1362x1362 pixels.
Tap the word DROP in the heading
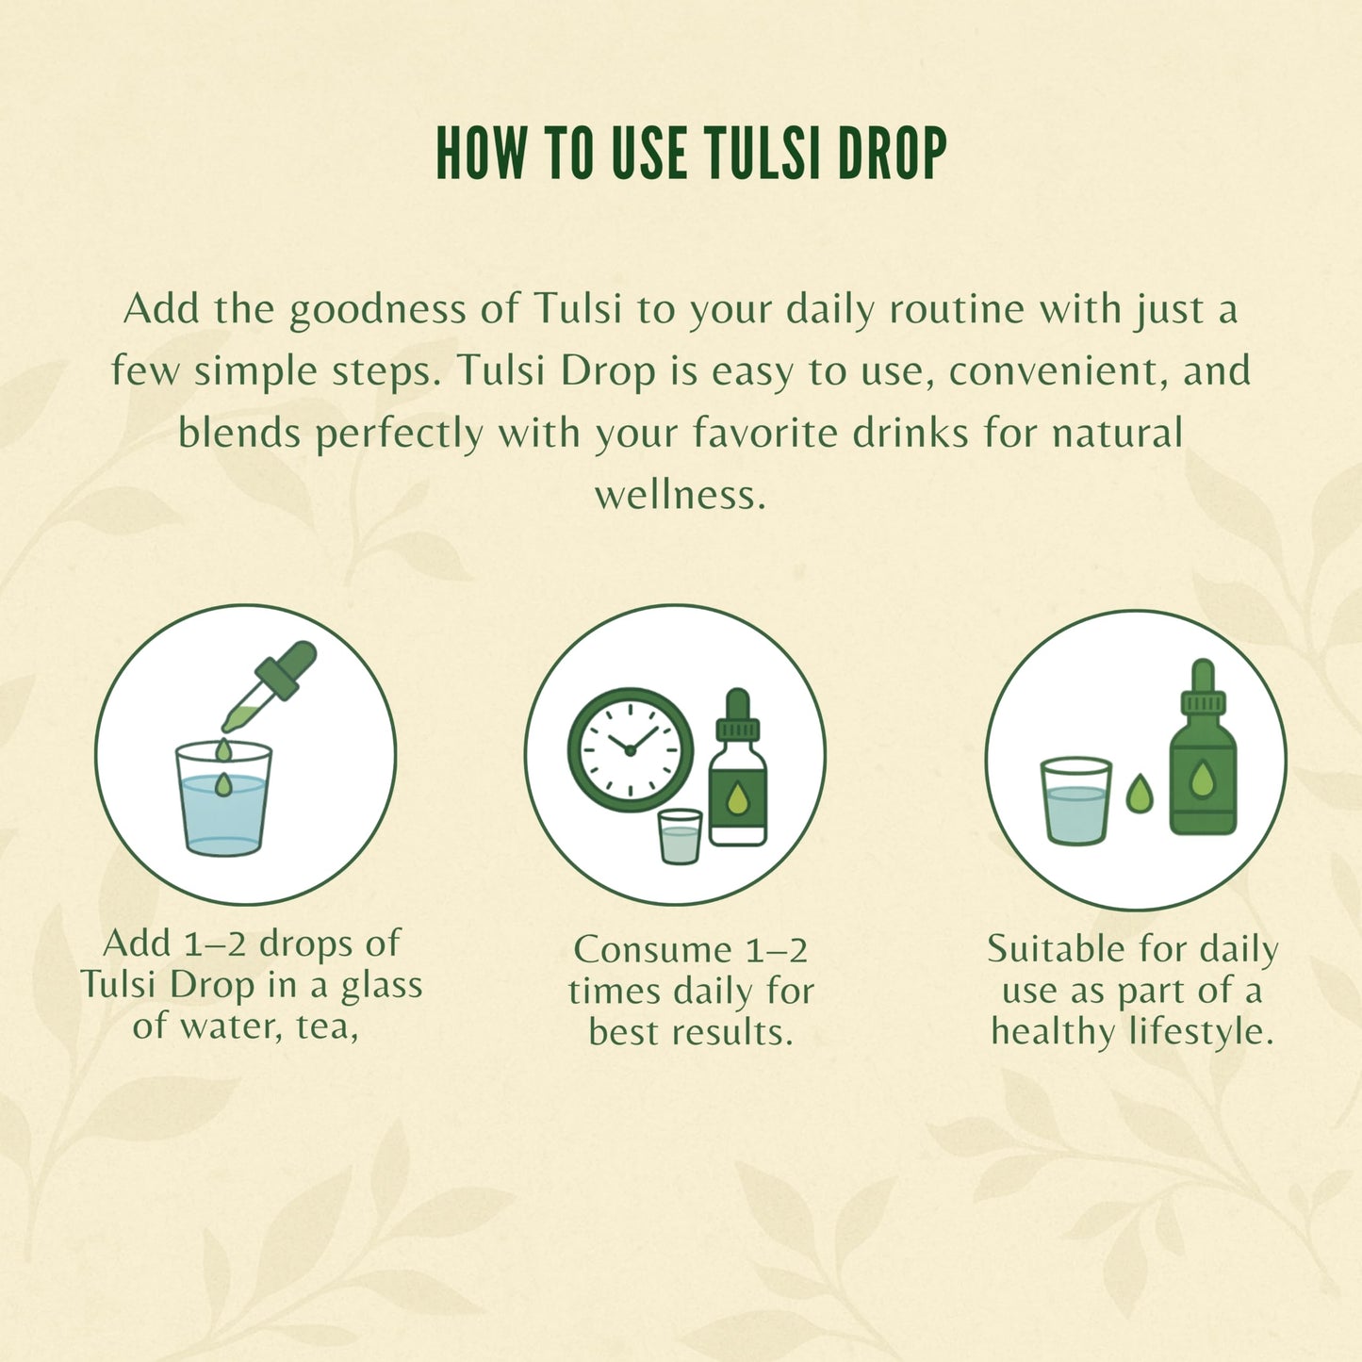point(892,153)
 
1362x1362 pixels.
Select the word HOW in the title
point(482,153)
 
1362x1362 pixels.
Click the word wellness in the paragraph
point(680,494)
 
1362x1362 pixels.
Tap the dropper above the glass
point(270,685)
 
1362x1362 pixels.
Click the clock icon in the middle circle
point(631,750)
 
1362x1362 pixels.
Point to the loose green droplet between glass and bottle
point(1140,793)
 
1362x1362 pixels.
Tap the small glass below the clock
point(680,836)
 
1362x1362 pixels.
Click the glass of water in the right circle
point(1075,801)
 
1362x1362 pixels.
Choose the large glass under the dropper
point(223,798)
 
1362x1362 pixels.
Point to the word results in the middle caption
point(731,1033)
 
